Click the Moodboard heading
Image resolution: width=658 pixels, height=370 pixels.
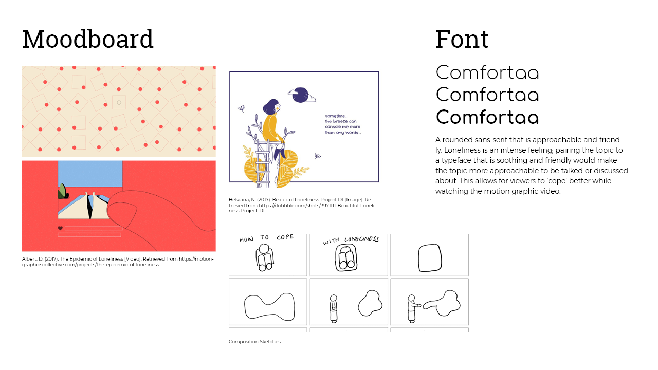[x=88, y=39]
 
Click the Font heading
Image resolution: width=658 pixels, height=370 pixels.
[x=462, y=39]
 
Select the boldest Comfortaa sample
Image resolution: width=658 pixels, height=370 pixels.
[x=487, y=117]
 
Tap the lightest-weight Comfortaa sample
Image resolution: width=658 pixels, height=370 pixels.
[x=487, y=72]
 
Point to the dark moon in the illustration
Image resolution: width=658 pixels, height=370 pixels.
[x=300, y=95]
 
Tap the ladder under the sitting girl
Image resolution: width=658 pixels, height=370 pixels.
[x=262, y=163]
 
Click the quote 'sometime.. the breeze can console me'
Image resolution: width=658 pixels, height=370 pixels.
[x=342, y=124]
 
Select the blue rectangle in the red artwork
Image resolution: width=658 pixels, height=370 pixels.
[x=90, y=174]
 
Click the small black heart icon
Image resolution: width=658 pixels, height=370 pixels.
[x=60, y=228]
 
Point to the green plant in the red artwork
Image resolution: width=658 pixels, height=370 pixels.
[x=63, y=191]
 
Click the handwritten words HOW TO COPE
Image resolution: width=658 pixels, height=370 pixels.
[x=266, y=238]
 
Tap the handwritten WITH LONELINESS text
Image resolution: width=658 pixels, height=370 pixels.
[x=351, y=240]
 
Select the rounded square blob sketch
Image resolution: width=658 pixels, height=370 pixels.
[x=430, y=257]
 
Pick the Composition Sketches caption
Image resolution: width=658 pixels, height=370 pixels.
[x=254, y=342]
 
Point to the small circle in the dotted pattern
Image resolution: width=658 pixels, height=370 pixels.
[x=119, y=102]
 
